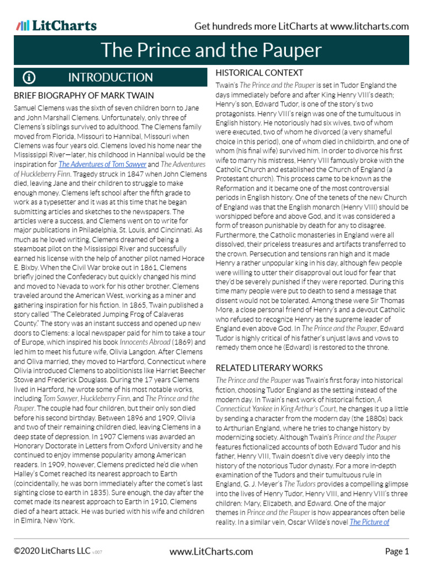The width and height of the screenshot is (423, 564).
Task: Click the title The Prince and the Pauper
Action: (211, 51)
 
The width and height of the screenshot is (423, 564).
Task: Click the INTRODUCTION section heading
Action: (110, 78)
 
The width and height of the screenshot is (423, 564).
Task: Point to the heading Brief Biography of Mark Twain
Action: (84, 95)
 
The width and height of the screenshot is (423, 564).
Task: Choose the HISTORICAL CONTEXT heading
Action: (259, 73)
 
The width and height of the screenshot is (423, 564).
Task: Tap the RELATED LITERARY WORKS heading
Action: (269, 367)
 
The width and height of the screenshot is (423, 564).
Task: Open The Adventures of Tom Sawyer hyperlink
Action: (102, 164)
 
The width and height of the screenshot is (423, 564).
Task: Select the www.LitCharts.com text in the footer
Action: (211, 551)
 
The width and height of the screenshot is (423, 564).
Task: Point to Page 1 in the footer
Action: (397, 551)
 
